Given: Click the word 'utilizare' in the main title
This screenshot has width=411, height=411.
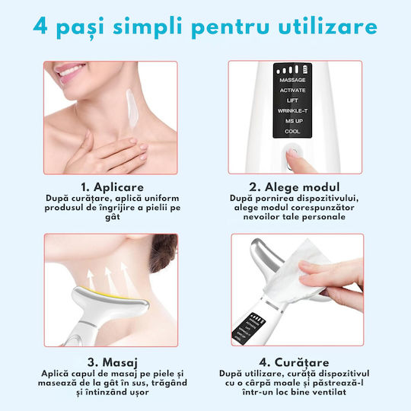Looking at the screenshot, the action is pos(327,27).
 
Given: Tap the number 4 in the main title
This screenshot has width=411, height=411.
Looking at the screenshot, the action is pos(40,27).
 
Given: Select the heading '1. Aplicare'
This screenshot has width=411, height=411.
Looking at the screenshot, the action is pos(112,187).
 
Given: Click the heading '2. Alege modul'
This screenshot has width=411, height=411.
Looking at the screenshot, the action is pos(295,187).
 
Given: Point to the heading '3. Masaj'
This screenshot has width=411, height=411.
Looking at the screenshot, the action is pos(113,362).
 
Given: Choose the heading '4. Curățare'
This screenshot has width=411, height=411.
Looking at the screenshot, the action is pos(294,362).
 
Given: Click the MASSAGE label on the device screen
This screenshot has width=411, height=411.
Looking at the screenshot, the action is pos(292,80).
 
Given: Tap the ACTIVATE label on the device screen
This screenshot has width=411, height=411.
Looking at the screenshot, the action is pos(292,90).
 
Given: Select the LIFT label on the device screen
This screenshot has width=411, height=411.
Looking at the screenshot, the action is pos(292,100).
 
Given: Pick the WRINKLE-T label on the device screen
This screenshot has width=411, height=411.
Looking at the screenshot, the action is pos(292,111).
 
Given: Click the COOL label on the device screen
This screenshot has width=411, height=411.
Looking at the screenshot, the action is pos(292,132).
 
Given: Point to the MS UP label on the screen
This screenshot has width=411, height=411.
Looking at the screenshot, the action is pos(294,121).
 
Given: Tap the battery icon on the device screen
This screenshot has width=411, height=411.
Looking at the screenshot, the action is pos(306,69).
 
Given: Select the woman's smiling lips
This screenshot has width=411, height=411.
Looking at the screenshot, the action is pos(70,71).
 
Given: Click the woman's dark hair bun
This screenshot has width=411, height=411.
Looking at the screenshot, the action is pos(163,252).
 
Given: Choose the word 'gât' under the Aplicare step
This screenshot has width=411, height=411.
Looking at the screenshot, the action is pos(113,217).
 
